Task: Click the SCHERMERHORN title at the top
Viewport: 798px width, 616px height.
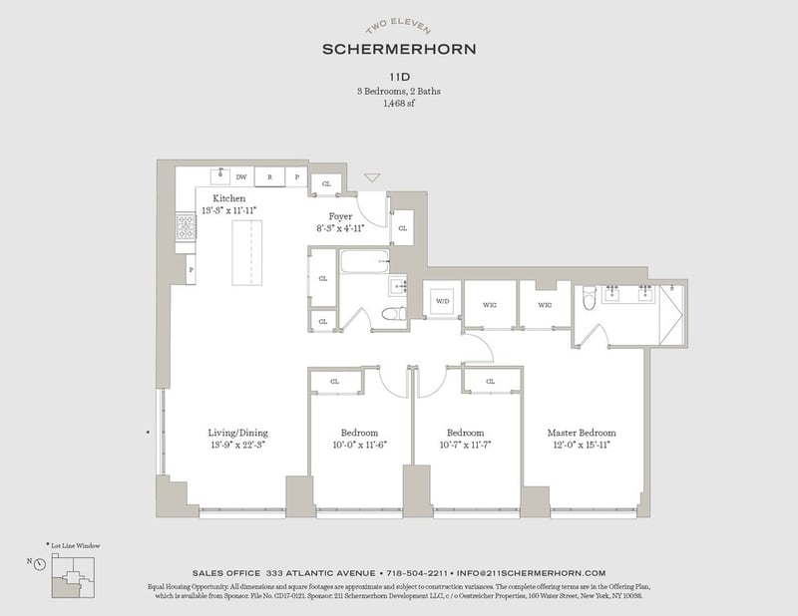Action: pyautogui.click(x=399, y=47)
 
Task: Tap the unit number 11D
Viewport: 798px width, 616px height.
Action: pyautogui.click(x=399, y=74)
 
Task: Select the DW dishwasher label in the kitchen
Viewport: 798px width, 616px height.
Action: pyautogui.click(x=240, y=177)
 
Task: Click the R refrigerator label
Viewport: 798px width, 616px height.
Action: pyautogui.click(x=269, y=177)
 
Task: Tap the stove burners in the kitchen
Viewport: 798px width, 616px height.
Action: pyautogui.click(x=186, y=228)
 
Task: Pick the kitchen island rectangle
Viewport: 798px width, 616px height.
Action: pyautogui.click(x=246, y=254)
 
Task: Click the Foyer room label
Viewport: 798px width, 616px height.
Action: pyautogui.click(x=341, y=216)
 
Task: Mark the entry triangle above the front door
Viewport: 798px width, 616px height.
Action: pyautogui.click(x=372, y=178)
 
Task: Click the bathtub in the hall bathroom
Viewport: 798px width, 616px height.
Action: pyautogui.click(x=363, y=263)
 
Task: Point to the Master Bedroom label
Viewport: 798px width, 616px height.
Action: pyautogui.click(x=581, y=433)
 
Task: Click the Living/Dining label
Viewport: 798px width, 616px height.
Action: pyautogui.click(x=237, y=433)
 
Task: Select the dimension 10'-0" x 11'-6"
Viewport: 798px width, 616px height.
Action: pyautogui.click(x=358, y=446)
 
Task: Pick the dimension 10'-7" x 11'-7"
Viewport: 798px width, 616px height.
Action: pyautogui.click(x=465, y=446)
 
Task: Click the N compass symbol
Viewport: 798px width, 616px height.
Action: pyautogui.click(x=38, y=563)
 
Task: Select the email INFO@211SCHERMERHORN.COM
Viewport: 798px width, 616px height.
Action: pyautogui.click(x=531, y=573)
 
